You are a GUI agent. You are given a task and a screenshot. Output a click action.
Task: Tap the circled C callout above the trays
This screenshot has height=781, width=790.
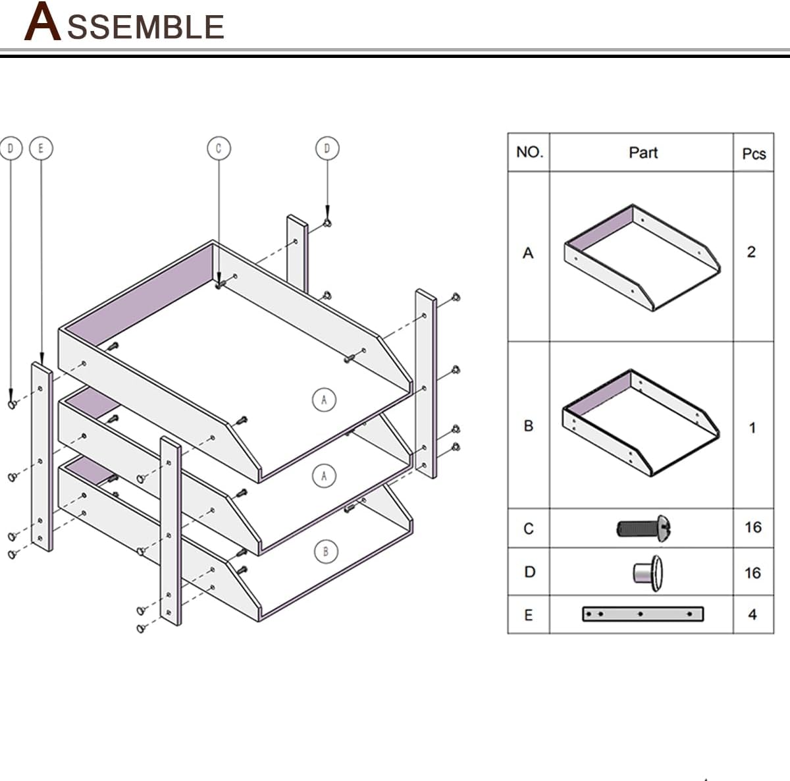pos(219,148)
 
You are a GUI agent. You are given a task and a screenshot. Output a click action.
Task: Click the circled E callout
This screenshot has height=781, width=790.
pos(41,148)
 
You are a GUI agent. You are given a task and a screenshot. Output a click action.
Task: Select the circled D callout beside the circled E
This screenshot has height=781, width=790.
pos(11,148)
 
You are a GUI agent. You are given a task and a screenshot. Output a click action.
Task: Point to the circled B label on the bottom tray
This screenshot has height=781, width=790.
pos(325,551)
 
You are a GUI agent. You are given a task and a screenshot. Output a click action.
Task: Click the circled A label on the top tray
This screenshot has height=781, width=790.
pos(324,399)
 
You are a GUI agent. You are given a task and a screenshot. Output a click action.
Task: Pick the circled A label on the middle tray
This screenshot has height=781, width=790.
pos(324,475)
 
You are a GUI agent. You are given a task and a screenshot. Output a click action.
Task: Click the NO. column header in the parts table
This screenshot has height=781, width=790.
pos(529,152)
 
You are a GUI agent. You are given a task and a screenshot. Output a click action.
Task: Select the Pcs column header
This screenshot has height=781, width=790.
pos(754,153)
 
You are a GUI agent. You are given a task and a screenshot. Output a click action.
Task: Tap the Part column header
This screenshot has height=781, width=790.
pos(643,153)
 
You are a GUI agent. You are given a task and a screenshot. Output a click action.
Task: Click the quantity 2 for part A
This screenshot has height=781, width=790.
pos(751,252)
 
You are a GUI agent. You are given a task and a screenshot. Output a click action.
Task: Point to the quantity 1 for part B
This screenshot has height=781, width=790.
pos(752,428)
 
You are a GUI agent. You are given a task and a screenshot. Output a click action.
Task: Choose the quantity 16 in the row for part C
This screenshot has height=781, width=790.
pos(753,527)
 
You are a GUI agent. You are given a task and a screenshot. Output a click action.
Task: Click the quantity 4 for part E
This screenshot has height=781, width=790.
pos(752,614)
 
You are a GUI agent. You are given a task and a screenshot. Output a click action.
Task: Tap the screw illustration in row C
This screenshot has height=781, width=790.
pos(645,527)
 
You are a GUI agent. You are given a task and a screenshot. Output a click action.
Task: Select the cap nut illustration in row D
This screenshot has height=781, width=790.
pos(648,570)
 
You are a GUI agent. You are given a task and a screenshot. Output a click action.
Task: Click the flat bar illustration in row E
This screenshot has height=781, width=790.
pos(643,614)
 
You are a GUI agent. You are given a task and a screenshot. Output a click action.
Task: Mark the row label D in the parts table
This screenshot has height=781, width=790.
pos(529,572)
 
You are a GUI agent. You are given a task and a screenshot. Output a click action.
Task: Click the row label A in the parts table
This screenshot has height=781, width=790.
pos(528,253)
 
